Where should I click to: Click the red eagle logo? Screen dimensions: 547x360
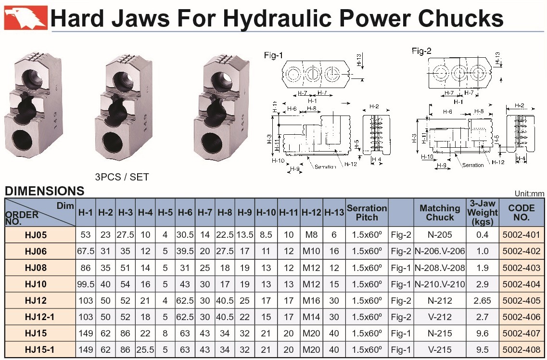point(25,17)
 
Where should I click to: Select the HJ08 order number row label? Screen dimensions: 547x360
point(36,268)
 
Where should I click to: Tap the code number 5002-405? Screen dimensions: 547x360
point(521,300)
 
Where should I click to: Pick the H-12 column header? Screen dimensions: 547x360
point(311,212)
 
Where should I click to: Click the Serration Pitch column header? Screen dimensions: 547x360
point(367,212)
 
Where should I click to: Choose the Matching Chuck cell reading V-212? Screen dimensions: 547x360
point(440,317)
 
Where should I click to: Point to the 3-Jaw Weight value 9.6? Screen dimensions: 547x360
point(482,333)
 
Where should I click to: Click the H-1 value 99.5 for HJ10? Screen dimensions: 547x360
point(86,284)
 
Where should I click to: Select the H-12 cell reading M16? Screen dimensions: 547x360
point(311,300)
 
